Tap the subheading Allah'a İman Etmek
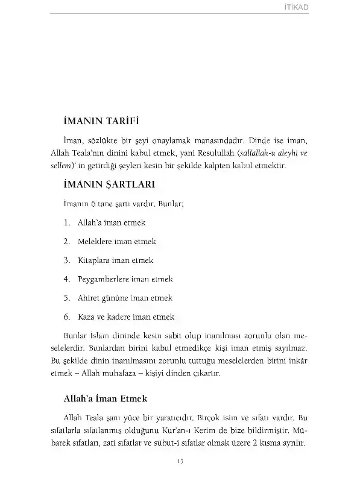click(105, 399)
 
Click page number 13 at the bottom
click(180, 462)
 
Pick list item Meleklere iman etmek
click(117, 241)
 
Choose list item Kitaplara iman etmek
click(115, 260)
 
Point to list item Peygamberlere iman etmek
click(125, 279)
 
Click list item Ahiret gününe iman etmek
click(125, 298)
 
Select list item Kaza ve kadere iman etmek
click(126, 317)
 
